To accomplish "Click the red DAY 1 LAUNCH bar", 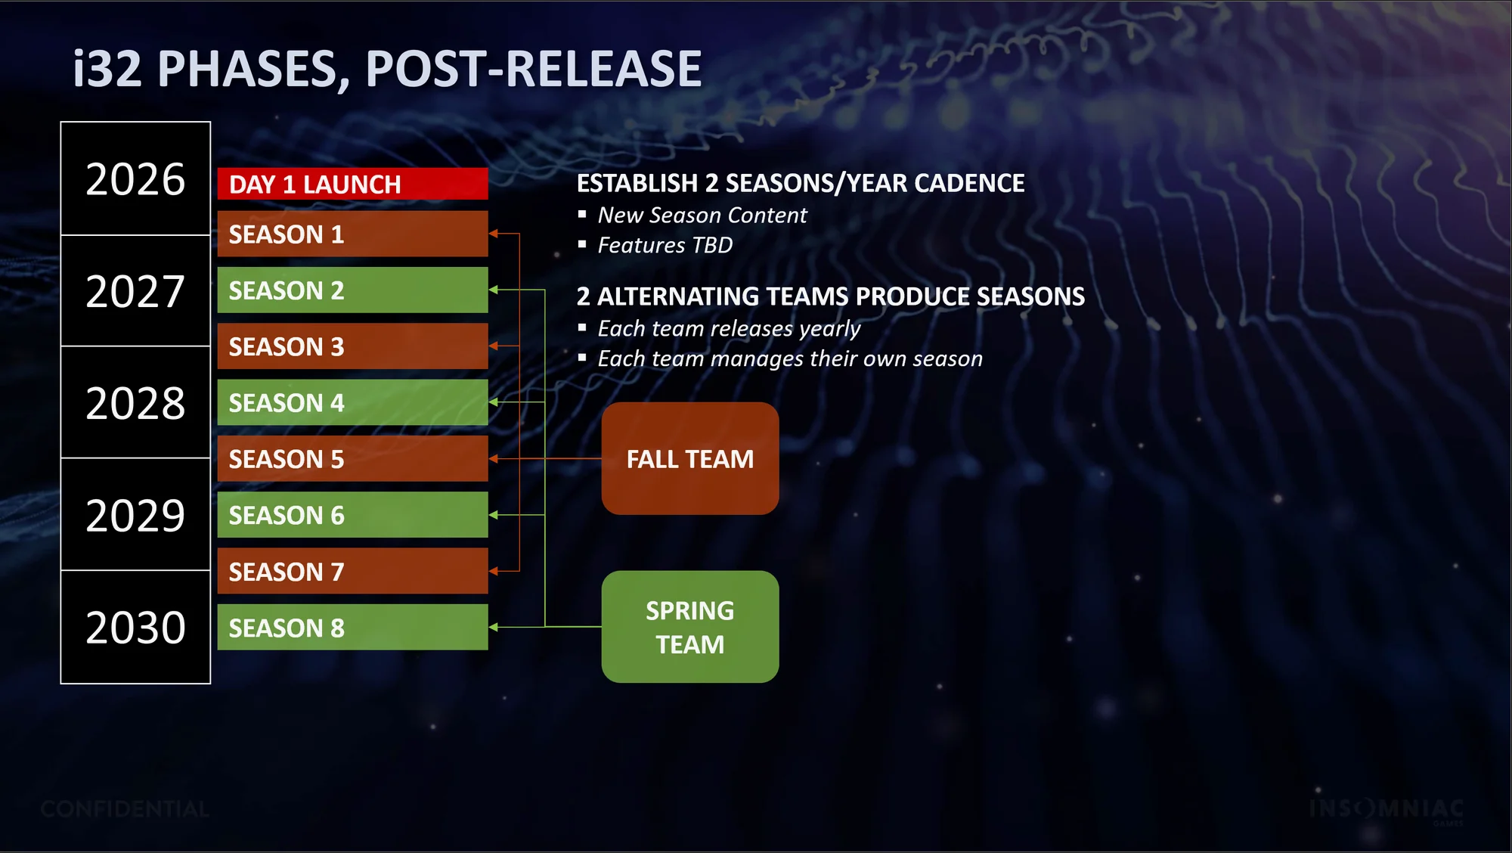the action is coord(352,184).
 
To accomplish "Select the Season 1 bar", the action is coord(352,234).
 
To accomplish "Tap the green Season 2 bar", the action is coord(352,290).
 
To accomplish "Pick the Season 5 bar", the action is coord(352,458).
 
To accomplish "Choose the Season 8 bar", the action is coord(352,627).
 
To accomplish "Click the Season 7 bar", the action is coord(352,571).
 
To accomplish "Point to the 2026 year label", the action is coord(135,179).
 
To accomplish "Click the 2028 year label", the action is coord(135,403).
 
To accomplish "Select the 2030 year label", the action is coord(135,628).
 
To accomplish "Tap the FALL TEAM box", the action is coord(690,458).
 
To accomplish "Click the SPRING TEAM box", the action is coord(690,627).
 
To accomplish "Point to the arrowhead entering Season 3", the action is coord(494,346).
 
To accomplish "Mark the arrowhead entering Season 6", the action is coord(494,515).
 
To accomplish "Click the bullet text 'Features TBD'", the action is coord(665,245).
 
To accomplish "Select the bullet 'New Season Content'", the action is coord(702,216).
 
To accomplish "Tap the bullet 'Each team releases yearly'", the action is coord(729,329).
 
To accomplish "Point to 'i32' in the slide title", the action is coord(107,69).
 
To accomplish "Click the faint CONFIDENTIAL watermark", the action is coord(125,809).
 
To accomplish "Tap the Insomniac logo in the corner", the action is coord(1387,810).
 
